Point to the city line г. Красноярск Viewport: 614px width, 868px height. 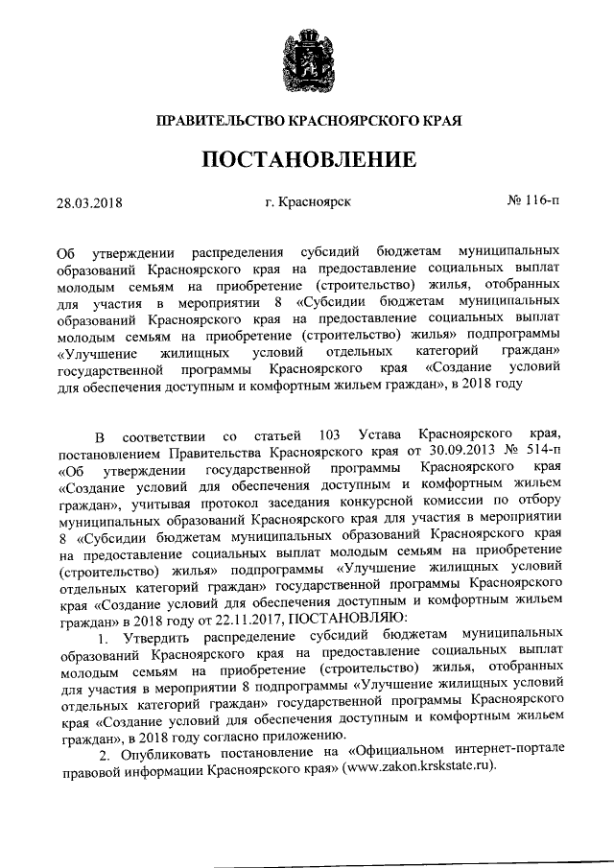[x=308, y=202]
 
